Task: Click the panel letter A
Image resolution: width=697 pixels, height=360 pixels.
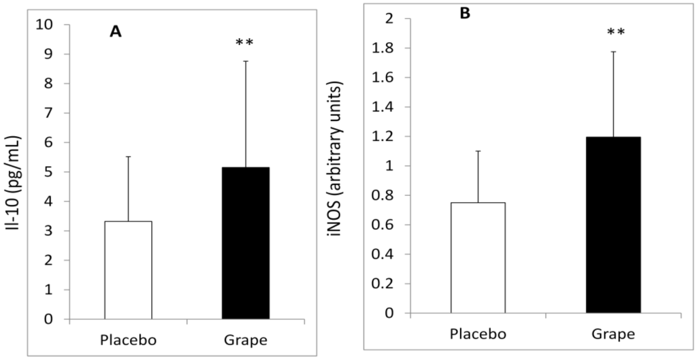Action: (116, 31)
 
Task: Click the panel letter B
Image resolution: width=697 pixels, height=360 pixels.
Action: (465, 13)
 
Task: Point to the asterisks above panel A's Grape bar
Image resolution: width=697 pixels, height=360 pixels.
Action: (244, 43)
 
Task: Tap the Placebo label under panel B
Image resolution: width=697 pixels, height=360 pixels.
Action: (477, 333)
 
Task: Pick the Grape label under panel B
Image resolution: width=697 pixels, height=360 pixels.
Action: (613, 333)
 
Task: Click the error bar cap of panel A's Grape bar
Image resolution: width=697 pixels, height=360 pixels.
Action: (246, 61)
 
